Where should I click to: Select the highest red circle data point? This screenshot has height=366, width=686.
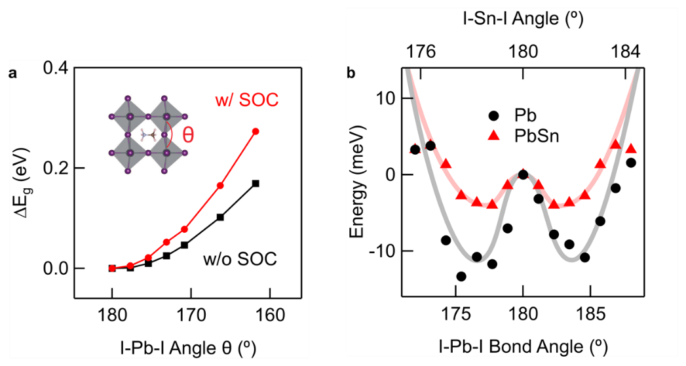point(256,131)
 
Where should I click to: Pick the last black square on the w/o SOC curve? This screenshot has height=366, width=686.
point(256,183)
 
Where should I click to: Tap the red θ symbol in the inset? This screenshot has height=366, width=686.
point(188,134)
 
